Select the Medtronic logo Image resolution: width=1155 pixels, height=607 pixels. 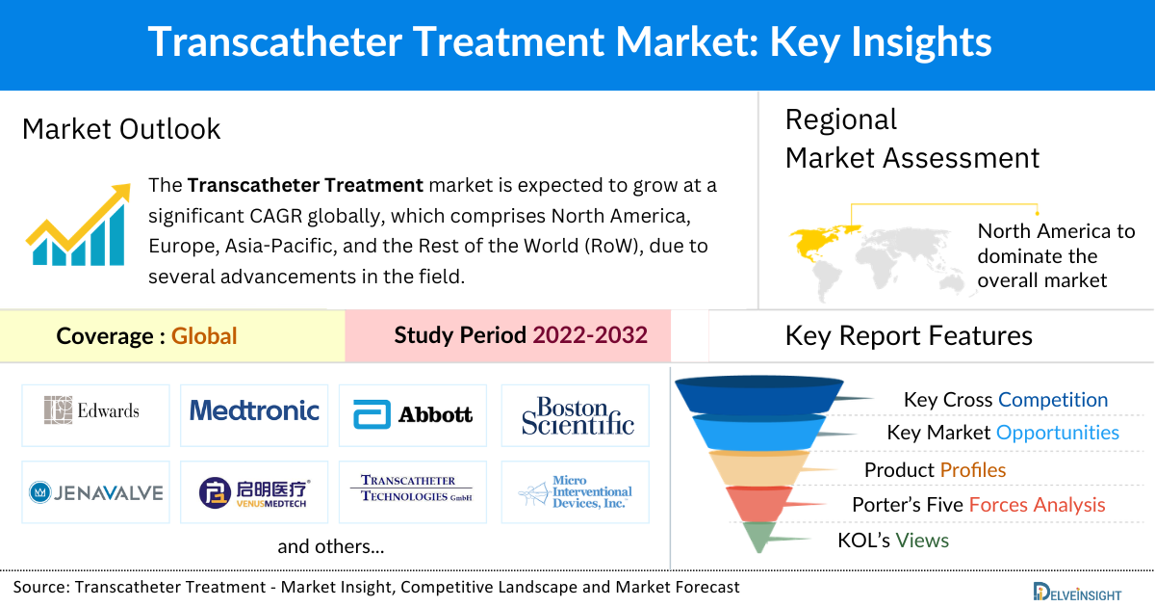(254, 411)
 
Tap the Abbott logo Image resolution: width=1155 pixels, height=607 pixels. (413, 414)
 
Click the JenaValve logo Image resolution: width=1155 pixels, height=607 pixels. (95, 493)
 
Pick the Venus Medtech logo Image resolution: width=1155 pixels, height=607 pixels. (254, 492)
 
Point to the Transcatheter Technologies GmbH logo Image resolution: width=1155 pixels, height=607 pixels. (413, 488)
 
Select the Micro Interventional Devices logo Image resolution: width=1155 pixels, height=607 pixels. (576, 491)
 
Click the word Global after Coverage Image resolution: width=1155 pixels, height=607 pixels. (204, 335)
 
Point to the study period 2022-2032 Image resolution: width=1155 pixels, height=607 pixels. (590, 335)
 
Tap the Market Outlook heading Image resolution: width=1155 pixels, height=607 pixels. (121, 129)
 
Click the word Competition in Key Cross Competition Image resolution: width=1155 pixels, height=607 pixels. (1053, 400)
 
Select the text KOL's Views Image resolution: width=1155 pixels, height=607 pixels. (893, 541)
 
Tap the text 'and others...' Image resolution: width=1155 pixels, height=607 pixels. (331, 547)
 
